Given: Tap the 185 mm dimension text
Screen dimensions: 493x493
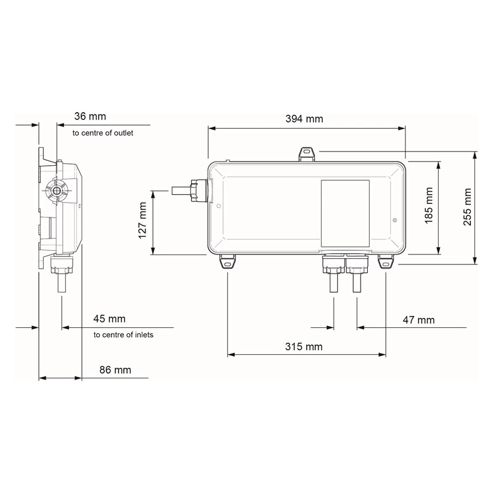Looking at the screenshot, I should [x=430, y=208].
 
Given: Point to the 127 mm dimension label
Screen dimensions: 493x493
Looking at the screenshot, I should [x=142, y=222].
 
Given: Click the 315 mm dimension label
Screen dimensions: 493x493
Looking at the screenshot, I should [x=304, y=346].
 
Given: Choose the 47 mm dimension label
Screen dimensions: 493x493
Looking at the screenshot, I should [x=418, y=320].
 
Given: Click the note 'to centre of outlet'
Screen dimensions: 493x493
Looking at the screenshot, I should [x=102, y=132].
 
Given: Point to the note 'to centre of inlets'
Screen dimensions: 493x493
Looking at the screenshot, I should [x=123, y=335].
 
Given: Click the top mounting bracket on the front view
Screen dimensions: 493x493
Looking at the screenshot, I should [x=306, y=153].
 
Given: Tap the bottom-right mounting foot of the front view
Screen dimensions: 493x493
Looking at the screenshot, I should [x=386, y=263].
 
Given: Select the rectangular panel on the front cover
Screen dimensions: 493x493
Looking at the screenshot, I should [x=345, y=211].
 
